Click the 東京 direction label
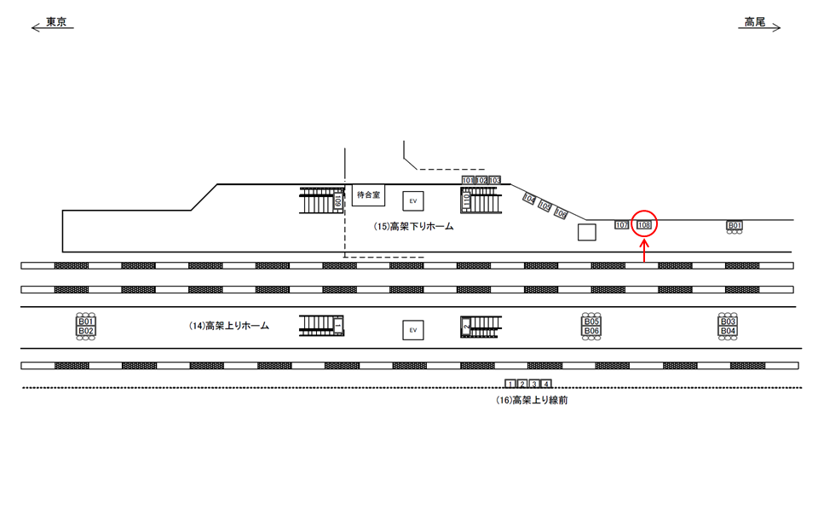click(x=57, y=22)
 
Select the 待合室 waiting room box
click(x=369, y=195)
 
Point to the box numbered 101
click(x=468, y=181)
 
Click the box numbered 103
click(x=494, y=181)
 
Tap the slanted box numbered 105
click(x=545, y=206)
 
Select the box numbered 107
click(x=621, y=225)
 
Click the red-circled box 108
click(x=644, y=225)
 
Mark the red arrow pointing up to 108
click(x=644, y=252)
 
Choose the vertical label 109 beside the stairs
click(x=338, y=200)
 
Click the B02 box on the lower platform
click(x=86, y=331)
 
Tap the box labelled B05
click(x=592, y=322)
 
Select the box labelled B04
click(x=728, y=331)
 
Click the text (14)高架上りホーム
click(x=228, y=326)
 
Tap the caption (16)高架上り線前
click(x=532, y=400)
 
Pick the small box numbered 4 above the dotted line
click(x=546, y=384)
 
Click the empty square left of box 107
click(x=586, y=232)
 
